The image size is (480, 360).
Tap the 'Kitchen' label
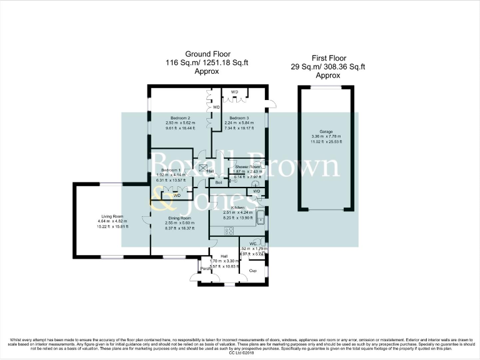point(237,207)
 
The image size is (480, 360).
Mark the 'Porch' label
point(205,269)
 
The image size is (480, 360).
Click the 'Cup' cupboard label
point(253,271)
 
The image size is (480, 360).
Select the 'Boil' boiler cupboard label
point(219,182)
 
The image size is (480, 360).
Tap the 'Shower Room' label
point(246,167)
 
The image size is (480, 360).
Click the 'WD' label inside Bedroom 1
point(177,196)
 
